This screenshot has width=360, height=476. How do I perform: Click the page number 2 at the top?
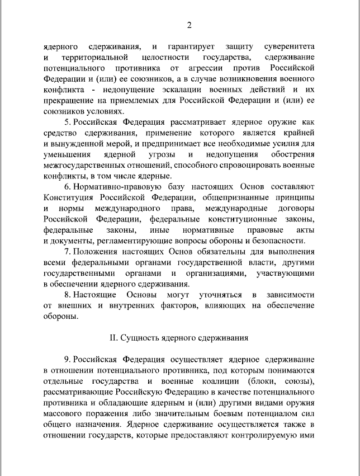188,25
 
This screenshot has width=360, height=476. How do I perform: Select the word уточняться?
218,294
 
